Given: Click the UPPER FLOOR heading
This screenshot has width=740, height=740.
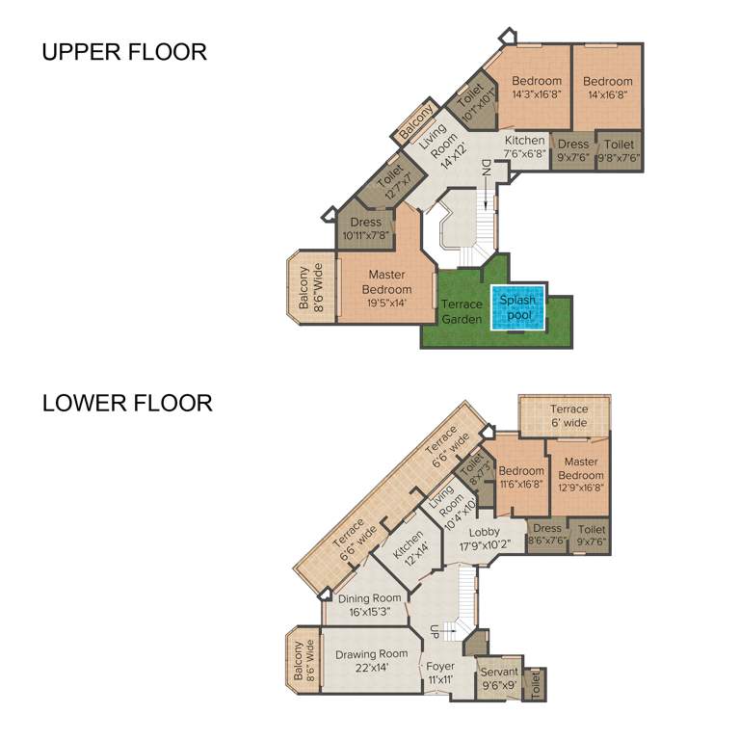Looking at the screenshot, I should (x=123, y=52).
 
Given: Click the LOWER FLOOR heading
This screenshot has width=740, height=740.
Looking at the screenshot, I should (x=126, y=403).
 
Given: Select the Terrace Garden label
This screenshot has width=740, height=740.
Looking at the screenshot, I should (x=462, y=312).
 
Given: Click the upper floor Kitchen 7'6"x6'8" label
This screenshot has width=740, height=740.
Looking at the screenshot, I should (x=525, y=146).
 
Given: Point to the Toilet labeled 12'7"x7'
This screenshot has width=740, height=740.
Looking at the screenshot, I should (x=391, y=182).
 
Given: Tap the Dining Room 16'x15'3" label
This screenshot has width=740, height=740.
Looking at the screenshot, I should (x=369, y=604).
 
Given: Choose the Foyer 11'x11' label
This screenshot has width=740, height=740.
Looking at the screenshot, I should (x=439, y=673).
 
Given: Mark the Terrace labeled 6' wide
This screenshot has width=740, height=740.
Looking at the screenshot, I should (x=568, y=415).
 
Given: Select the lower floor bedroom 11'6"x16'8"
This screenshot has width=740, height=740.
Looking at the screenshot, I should (x=520, y=478).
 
